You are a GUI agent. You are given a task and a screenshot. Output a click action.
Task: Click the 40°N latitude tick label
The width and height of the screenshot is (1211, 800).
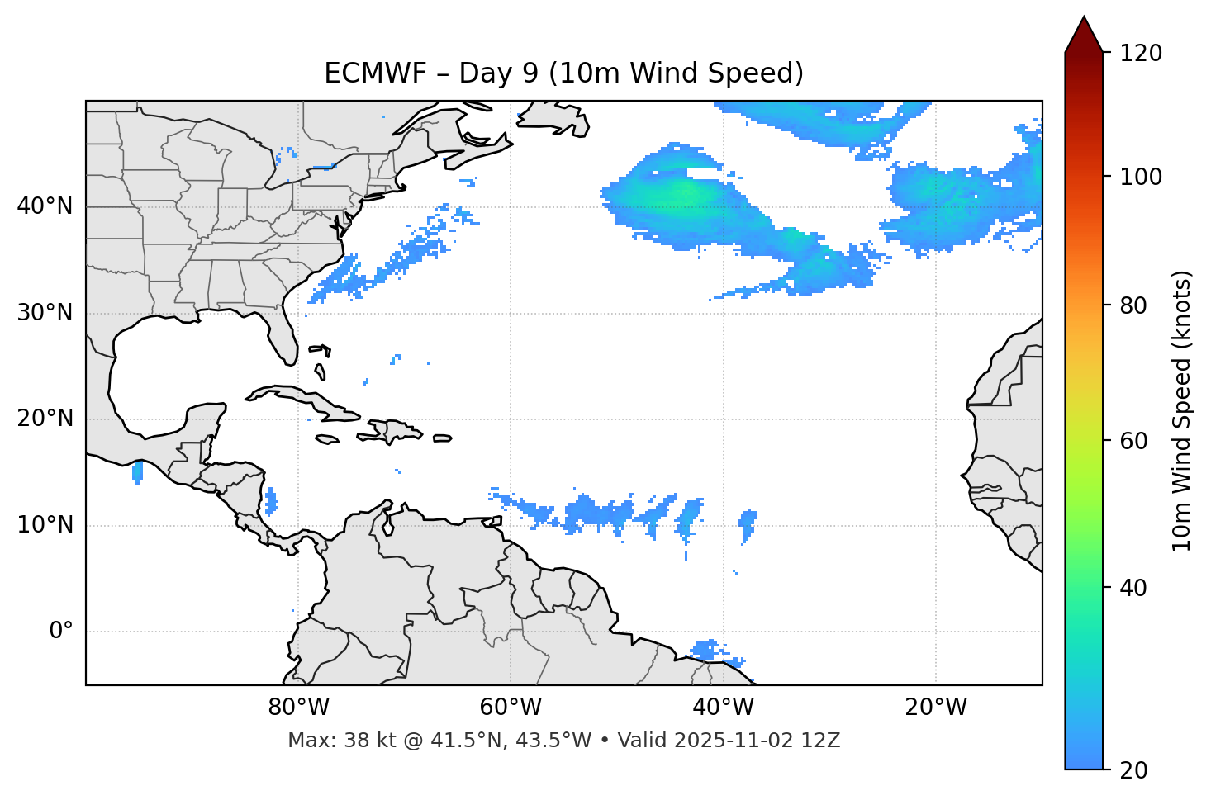45,206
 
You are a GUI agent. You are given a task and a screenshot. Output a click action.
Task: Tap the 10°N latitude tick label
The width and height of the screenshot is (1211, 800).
45,525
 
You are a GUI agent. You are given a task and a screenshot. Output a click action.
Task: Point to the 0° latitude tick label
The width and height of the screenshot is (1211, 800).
60,632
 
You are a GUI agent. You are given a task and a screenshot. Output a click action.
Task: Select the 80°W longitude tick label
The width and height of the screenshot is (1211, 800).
298,708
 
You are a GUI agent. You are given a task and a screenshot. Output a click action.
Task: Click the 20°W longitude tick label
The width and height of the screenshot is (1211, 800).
936,708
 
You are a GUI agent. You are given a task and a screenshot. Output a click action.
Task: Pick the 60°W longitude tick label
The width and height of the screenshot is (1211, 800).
511,708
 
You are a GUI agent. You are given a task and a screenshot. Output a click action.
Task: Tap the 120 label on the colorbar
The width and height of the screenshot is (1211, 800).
1141,54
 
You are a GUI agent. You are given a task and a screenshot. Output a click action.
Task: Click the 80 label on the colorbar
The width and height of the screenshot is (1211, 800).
1133,305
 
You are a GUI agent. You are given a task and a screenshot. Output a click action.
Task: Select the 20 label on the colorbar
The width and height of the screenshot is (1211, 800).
1133,770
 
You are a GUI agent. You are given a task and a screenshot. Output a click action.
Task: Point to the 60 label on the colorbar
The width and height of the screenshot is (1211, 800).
1133,441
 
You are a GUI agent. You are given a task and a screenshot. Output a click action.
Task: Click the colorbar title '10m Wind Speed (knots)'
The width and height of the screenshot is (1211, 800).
1182,410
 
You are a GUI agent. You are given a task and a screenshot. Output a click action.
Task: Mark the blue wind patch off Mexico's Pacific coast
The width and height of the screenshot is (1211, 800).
137,472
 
